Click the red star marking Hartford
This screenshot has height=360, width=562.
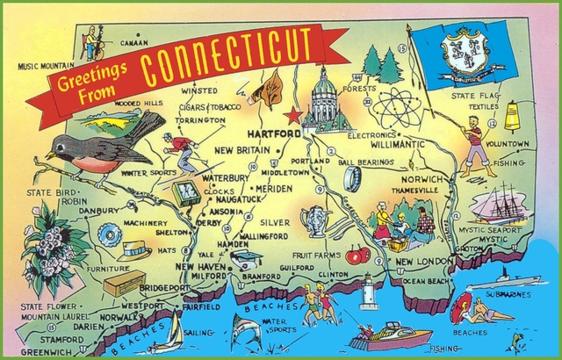(292, 115)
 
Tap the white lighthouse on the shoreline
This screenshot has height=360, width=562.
(369, 292)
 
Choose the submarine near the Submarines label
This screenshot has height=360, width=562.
(496, 285)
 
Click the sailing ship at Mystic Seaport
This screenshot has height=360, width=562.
(499, 204)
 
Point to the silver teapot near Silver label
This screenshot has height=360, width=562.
(313, 220)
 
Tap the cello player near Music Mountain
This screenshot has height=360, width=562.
(92, 41)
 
